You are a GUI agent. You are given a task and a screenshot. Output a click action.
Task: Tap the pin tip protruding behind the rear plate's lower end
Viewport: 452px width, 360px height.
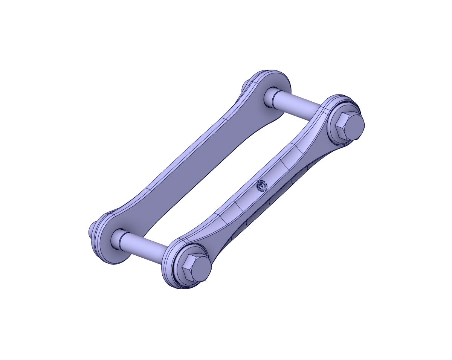point(93,229)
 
